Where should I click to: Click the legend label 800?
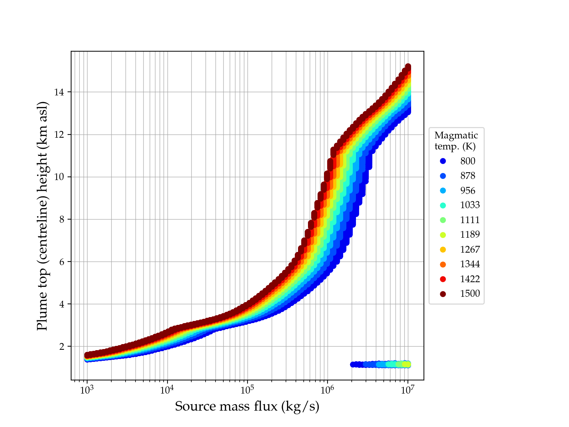pos(468,161)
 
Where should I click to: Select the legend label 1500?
pos(470,294)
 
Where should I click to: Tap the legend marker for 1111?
pos(443,220)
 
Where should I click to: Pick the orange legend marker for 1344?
pos(443,264)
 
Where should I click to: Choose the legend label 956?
pos(468,191)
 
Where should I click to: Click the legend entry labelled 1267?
pos(470,249)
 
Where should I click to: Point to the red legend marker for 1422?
pos(443,279)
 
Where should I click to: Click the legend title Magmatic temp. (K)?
pos(456,141)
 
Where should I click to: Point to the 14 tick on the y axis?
pos(59,92)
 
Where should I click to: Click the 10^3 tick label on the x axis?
pos(87,390)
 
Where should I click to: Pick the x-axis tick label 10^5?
pos(248,390)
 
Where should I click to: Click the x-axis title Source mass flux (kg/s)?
pos(247,406)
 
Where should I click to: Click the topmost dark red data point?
pos(408,67)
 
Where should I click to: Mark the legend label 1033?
pos(470,205)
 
